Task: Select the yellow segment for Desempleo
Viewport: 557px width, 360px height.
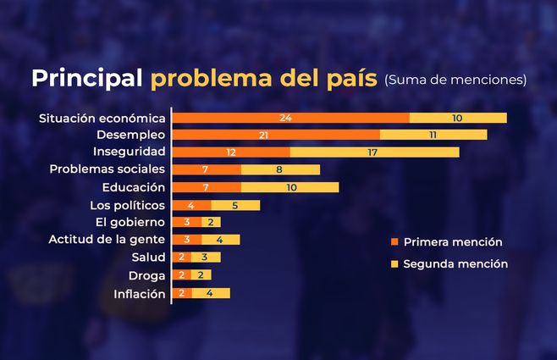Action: tap(433, 135)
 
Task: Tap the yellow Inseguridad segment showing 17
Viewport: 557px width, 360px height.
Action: tap(374, 152)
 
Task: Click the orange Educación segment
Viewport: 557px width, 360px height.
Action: tap(207, 187)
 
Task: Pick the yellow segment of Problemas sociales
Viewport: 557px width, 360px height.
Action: tap(280, 169)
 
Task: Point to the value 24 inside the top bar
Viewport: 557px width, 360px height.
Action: tap(285, 118)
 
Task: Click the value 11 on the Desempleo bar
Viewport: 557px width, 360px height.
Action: tap(433, 135)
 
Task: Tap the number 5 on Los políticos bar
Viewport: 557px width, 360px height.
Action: tap(235, 205)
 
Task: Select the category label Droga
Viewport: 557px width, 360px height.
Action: tap(146, 275)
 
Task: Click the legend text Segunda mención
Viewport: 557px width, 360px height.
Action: tap(455, 263)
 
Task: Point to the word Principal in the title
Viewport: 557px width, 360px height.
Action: tap(86, 79)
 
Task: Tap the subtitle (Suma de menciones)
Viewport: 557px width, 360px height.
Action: tap(455, 80)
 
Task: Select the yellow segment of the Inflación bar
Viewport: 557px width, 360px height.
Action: tap(211, 293)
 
